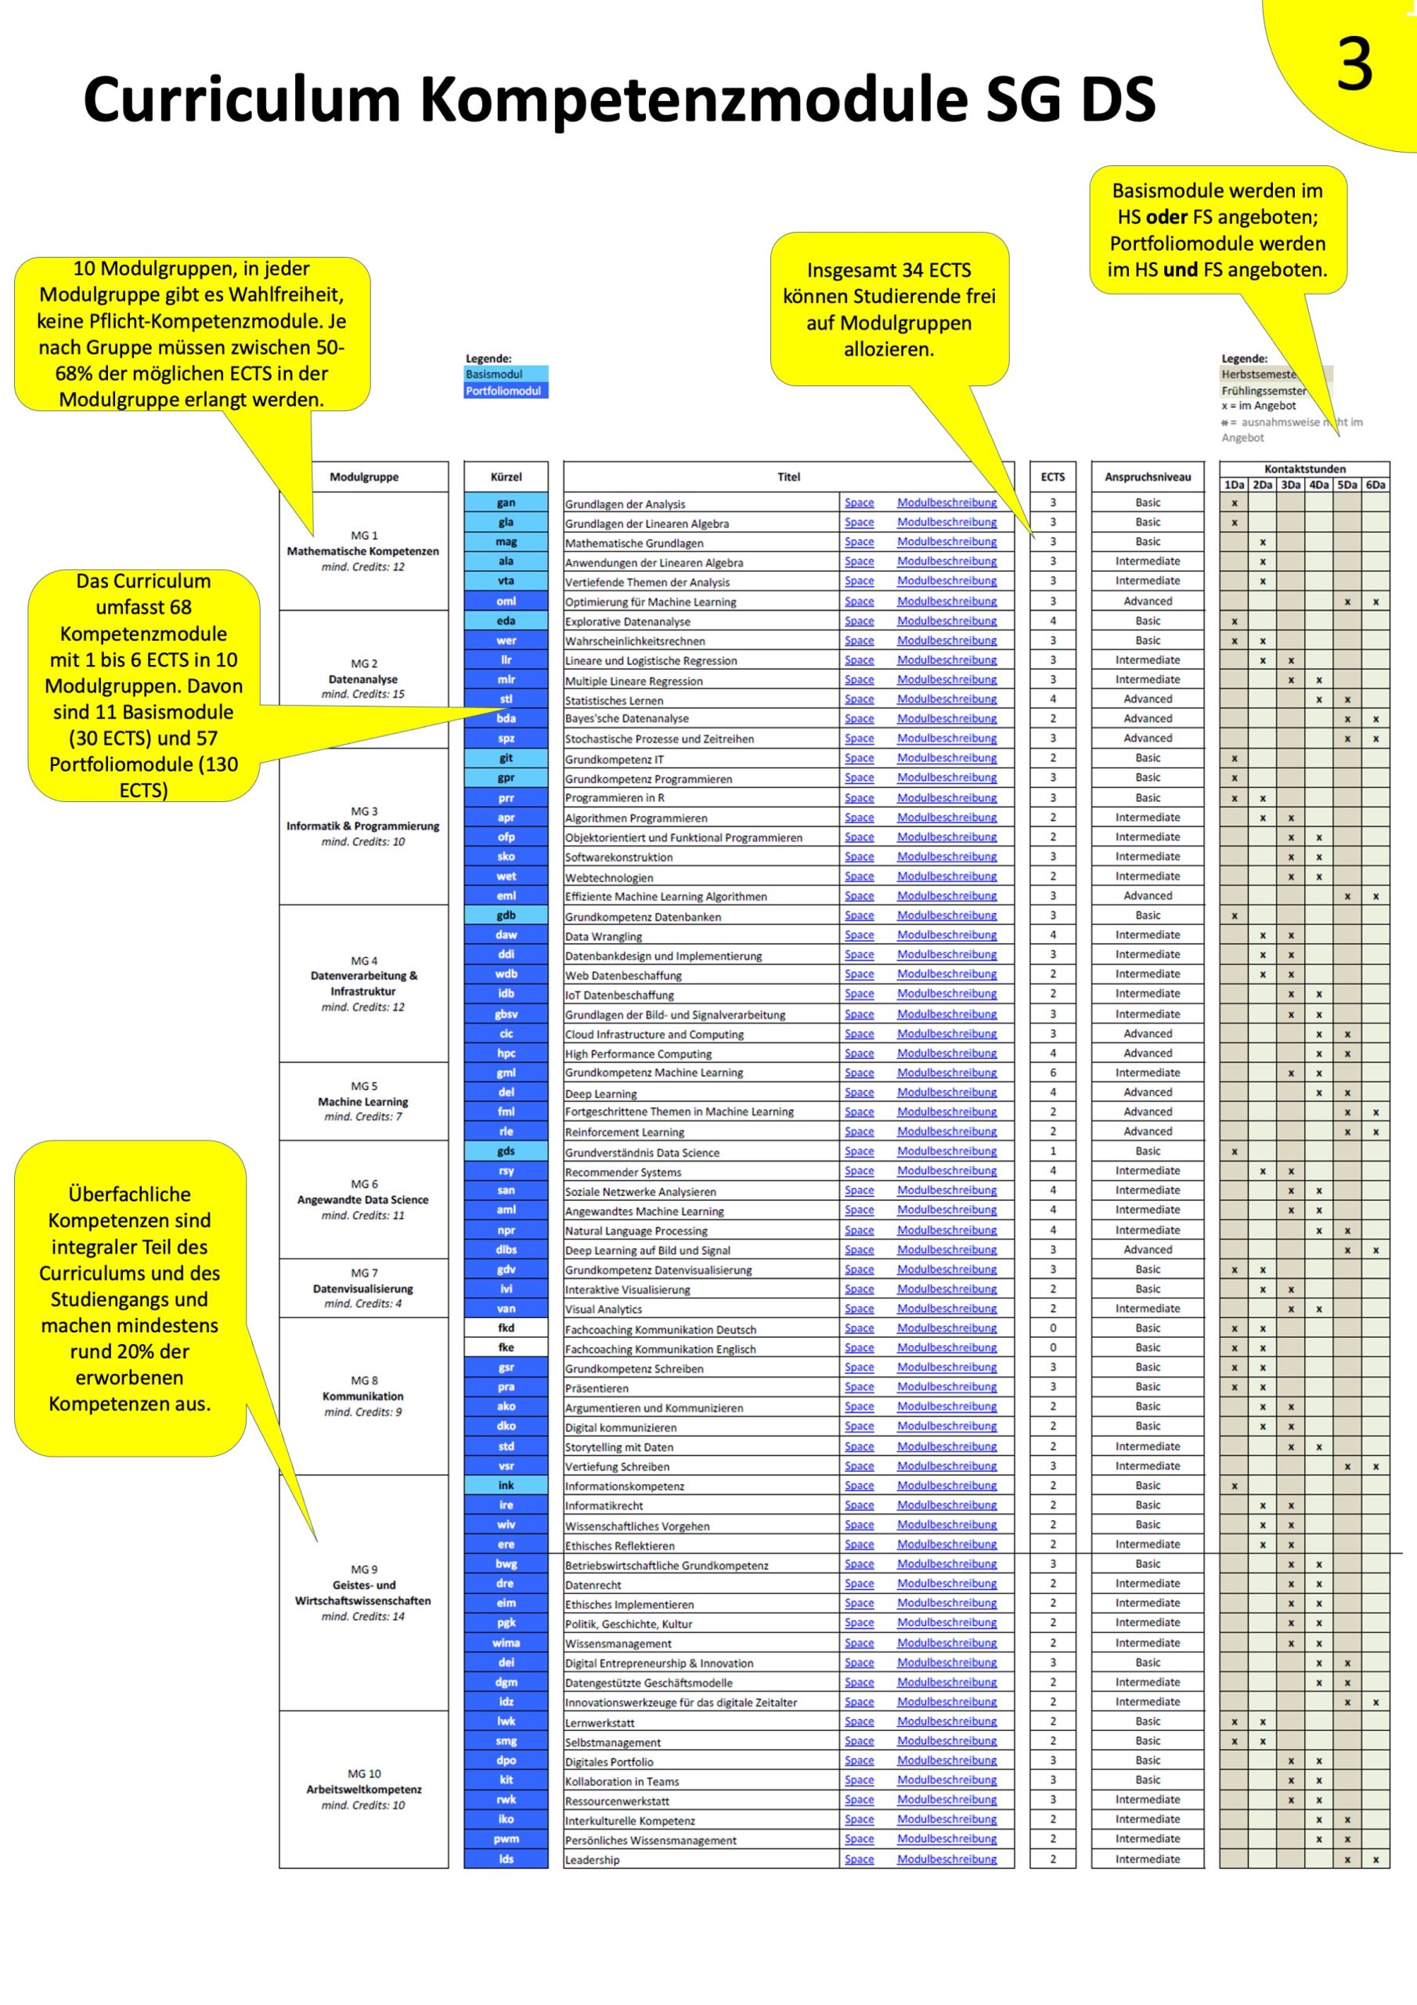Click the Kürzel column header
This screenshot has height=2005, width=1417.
pyautogui.click(x=506, y=477)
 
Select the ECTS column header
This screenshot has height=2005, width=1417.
pyautogui.click(x=1052, y=477)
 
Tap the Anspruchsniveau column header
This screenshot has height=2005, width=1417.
pyautogui.click(x=1147, y=477)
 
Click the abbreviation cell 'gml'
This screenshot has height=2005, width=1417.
pyautogui.click(x=506, y=1072)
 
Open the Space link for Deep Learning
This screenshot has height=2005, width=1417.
pyautogui.click(x=859, y=1093)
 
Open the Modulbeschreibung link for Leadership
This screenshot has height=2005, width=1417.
pyautogui.click(x=946, y=1859)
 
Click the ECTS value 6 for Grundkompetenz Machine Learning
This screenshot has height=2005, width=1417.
pyautogui.click(x=1052, y=1072)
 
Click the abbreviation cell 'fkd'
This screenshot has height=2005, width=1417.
pyautogui.click(x=506, y=1328)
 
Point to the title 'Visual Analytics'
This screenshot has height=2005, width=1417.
pyautogui.click(x=604, y=1309)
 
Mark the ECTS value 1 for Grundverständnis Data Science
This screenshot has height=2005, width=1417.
pyautogui.click(x=1052, y=1151)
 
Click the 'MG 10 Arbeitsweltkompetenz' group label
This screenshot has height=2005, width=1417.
pyautogui.click(x=363, y=1788)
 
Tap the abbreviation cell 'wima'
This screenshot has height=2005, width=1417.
pyautogui.click(x=506, y=1642)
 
